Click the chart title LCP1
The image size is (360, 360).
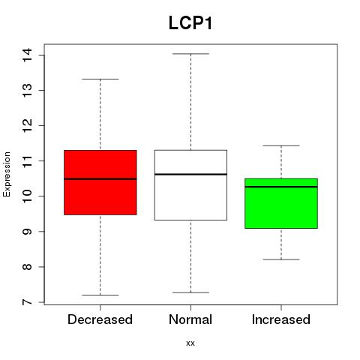(190, 23)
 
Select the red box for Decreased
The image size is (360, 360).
(100, 182)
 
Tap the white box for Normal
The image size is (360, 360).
(190, 185)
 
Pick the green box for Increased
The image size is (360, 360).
(281, 203)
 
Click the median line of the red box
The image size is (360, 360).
(100, 179)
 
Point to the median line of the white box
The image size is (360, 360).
(190, 174)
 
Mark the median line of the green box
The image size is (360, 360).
(281, 187)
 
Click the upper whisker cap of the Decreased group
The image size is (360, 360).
(100, 79)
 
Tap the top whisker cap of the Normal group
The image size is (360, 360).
(190, 54)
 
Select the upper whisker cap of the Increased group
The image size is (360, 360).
(281, 145)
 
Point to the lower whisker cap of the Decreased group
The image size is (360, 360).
(100, 295)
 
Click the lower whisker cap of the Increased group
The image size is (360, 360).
(281, 259)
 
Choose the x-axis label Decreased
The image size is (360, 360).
(100, 319)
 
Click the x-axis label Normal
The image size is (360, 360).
(190, 319)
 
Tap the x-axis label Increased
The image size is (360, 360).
(281, 319)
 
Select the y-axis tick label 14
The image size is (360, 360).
(27, 55)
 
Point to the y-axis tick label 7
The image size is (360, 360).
(27, 302)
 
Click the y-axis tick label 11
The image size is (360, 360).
(27, 161)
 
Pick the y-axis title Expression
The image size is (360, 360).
(7, 174)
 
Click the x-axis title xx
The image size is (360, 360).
(190, 343)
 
